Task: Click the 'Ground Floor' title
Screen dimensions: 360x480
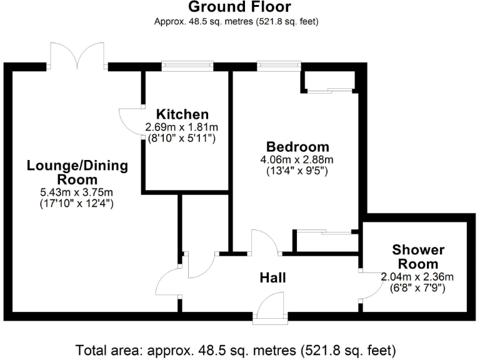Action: pyautogui.click(x=239, y=7)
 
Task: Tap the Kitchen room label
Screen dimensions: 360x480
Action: pyautogui.click(x=182, y=114)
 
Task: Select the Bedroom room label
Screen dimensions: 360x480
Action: pyautogui.click(x=297, y=146)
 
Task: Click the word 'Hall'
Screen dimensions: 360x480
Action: pyautogui.click(x=273, y=277)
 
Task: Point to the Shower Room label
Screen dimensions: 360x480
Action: pyautogui.click(x=418, y=257)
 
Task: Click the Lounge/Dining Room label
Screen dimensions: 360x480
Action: pyautogui.click(x=77, y=172)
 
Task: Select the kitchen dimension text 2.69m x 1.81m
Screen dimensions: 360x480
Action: pyautogui.click(x=181, y=127)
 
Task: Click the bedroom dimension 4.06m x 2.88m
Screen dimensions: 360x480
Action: pyautogui.click(x=297, y=159)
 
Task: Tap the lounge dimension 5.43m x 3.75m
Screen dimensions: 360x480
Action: pyautogui.click(x=77, y=191)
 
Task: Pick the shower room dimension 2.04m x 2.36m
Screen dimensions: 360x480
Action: pyautogui.click(x=417, y=277)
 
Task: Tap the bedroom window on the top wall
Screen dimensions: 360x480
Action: pyautogui.click(x=278, y=64)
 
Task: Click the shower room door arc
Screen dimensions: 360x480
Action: pyautogui.click(x=372, y=287)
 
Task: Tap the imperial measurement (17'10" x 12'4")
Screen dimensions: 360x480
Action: pyautogui.click(x=77, y=203)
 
